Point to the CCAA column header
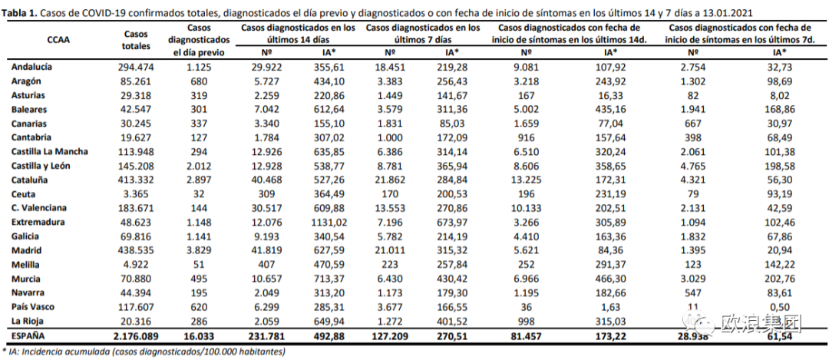tap(58, 39)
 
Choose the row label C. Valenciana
tap(39, 208)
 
